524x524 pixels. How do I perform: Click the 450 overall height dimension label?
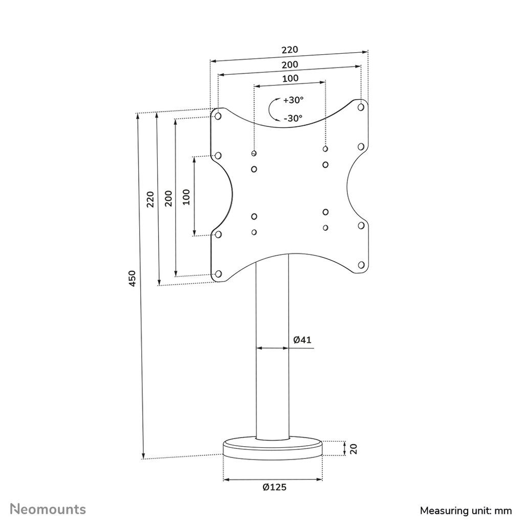coord(133,278)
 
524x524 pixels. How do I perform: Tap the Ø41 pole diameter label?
coord(303,339)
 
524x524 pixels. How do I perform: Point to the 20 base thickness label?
coord(353,449)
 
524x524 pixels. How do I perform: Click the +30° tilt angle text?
coord(293,99)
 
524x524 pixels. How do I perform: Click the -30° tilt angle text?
coord(293,118)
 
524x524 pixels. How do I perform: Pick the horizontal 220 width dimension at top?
coord(289,50)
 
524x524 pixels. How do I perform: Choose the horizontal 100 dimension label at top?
coord(290,78)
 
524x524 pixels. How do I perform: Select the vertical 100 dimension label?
coord(186,196)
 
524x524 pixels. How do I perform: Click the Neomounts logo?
coord(49,509)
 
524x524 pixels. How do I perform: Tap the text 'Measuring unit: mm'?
coord(466,510)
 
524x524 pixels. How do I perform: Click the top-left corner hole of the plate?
coord(219,116)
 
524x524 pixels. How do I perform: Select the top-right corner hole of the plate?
coord(361,107)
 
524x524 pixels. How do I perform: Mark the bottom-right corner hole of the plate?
coord(361,265)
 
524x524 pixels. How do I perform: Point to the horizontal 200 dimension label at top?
coord(290,65)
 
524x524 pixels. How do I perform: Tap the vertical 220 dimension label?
coord(150,199)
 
